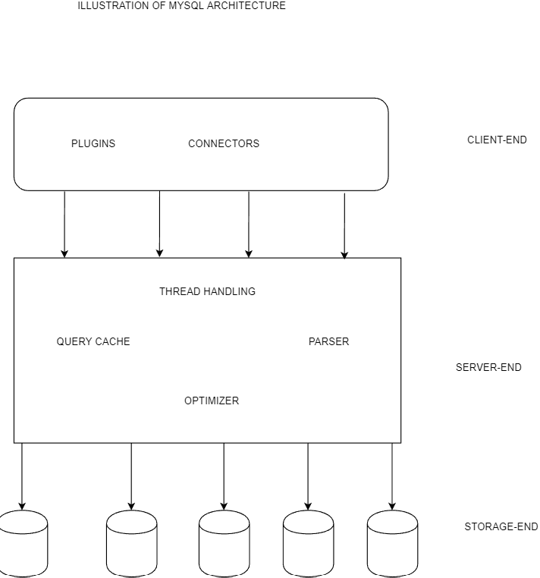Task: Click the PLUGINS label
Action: (93, 143)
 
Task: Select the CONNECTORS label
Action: (224, 143)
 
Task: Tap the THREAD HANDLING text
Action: (207, 291)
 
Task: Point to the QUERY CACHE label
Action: (93, 341)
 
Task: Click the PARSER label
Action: (328, 341)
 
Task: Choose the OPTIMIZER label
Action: (212, 401)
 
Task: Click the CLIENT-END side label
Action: (497, 140)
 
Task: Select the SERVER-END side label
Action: (488, 367)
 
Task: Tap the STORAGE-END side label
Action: (501, 526)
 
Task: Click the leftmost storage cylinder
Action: (22, 544)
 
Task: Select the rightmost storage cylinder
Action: (392, 544)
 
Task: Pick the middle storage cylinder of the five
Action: (224, 544)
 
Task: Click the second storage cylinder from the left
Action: (131, 544)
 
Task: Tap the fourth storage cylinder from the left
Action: (308, 544)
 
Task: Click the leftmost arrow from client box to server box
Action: (64, 224)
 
